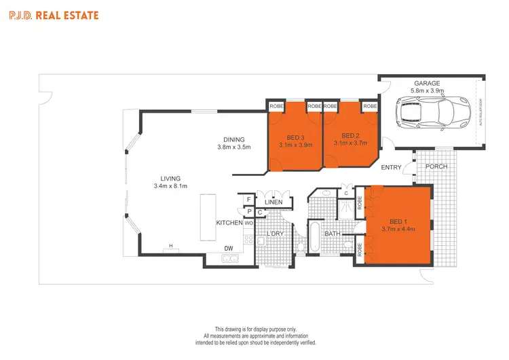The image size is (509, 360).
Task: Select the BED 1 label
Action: coord(398,220)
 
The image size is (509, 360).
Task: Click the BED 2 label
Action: coord(350,135)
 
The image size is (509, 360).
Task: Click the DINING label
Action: coord(234,139)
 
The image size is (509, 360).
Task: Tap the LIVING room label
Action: coord(170,178)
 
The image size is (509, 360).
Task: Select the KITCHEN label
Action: coord(229,223)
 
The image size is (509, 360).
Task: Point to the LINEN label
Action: coord(274,202)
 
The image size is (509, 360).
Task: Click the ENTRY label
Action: coord(392,167)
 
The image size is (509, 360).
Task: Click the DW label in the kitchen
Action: coord(229,248)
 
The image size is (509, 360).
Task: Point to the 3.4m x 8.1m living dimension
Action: coord(170,185)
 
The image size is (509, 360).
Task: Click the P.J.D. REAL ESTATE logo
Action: coord(54,15)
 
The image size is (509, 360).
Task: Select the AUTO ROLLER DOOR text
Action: coord(482,113)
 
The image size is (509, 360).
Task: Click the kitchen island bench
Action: coord(207,215)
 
